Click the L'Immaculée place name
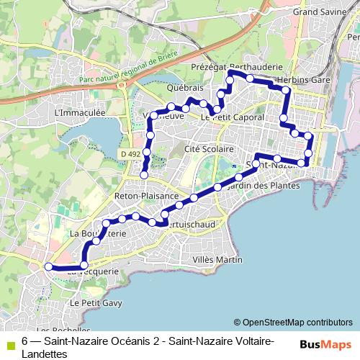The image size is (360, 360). click(x=80, y=113)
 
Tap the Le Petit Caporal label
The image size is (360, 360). click(x=228, y=117)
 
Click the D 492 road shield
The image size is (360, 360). click(x=130, y=154)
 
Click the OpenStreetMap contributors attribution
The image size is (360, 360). click(x=293, y=323)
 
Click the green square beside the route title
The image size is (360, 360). click(x=8, y=343)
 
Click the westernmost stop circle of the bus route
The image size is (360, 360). click(x=49, y=266)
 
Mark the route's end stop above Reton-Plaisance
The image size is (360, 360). click(x=144, y=175)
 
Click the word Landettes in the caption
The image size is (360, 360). click(x=45, y=354)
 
